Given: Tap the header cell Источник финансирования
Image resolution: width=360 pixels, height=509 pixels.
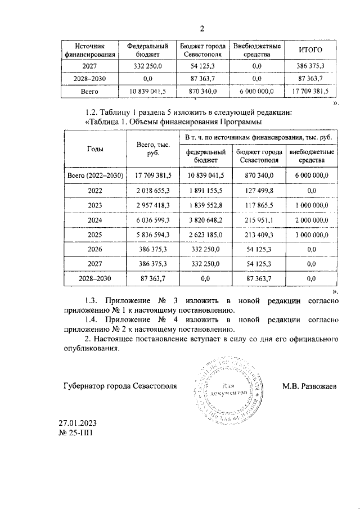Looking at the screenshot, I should click(x=91, y=50).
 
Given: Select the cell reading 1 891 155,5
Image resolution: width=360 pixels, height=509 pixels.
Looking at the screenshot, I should click(x=205, y=191).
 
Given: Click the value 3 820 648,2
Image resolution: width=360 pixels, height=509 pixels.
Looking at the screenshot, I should click(x=205, y=220).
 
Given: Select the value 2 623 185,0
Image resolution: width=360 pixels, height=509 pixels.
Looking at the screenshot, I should click(x=205, y=235).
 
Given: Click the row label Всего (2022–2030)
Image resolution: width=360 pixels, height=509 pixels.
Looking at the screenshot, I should click(x=95, y=175).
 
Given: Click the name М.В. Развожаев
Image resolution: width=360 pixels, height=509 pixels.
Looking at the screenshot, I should click(x=310, y=386).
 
